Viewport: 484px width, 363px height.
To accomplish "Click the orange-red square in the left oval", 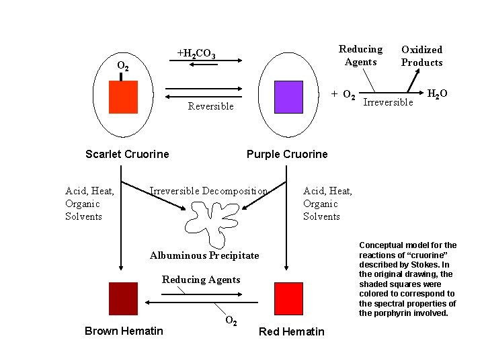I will click(124, 97).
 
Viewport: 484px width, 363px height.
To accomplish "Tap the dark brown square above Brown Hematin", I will click(123, 299).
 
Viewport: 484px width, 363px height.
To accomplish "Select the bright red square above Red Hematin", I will click(289, 299).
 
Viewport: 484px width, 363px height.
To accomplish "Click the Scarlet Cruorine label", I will click(127, 154).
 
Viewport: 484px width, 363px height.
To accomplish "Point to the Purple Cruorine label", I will click(287, 154).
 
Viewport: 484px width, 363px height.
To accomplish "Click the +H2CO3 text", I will click(196, 54).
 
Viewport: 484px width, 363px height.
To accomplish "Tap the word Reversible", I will click(211, 106).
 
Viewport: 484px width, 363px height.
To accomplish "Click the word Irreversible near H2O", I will click(388, 102).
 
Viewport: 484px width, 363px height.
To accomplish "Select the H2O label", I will click(438, 93).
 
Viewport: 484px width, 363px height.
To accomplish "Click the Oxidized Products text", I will click(422, 56).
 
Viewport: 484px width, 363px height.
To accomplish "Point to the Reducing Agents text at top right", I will click(360, 55).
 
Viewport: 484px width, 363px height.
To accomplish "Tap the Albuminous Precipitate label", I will click(204, 255).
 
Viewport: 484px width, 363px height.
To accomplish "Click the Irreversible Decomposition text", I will click(208, 191).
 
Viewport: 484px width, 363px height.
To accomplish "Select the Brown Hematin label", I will click(124, 331).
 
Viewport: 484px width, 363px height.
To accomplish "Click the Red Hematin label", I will click(291, 331).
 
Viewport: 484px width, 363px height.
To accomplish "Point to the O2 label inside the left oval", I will click(124, 66).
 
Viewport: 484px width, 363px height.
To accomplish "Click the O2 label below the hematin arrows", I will click(230, 321).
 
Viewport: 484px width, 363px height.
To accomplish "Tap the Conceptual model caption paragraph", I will click(407, 279).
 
